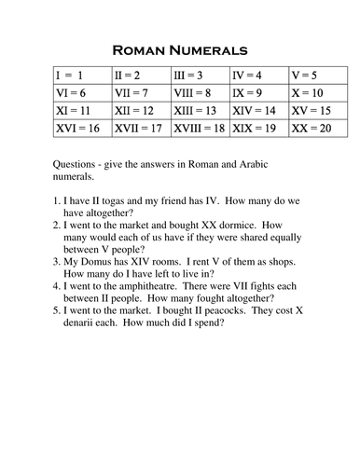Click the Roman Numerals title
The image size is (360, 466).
[179, 48]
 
